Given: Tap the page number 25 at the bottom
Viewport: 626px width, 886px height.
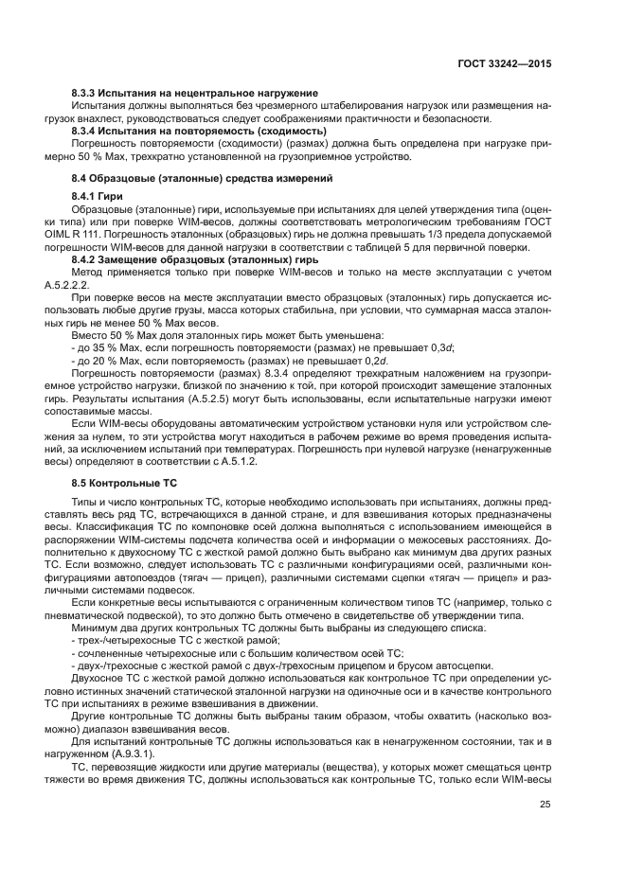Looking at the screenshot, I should click(x=545, y=831).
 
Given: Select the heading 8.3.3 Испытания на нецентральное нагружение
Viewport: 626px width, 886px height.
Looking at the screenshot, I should click(x=194, y=93).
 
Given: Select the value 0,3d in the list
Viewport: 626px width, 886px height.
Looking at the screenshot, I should click(x=441, y=347).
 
